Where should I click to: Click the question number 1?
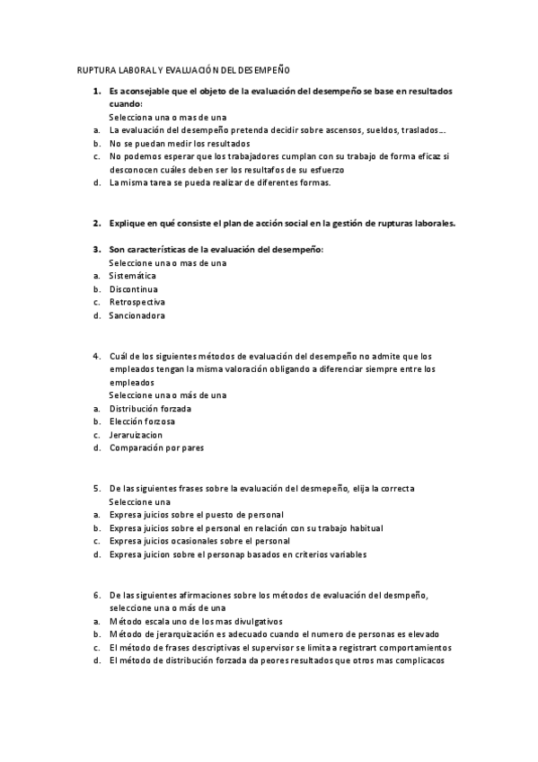(x=96, y=92)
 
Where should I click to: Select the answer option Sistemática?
(x=132, y=276)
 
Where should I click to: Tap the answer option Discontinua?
(x=134, y=289)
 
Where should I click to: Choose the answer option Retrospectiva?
(x=137, y=303)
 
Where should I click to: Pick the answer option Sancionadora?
(x=137, y=316)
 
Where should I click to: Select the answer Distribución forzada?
(x=150, y=408)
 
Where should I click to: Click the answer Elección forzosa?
(x=142, y=421)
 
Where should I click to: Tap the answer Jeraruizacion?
(x=136, y=435)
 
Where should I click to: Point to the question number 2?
(x=96, y=223)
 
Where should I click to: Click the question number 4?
(x=96, y=356)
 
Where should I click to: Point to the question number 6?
(x=96, y=595)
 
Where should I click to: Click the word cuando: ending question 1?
(x=126, y=104)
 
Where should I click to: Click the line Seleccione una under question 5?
(x=140, y=501)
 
